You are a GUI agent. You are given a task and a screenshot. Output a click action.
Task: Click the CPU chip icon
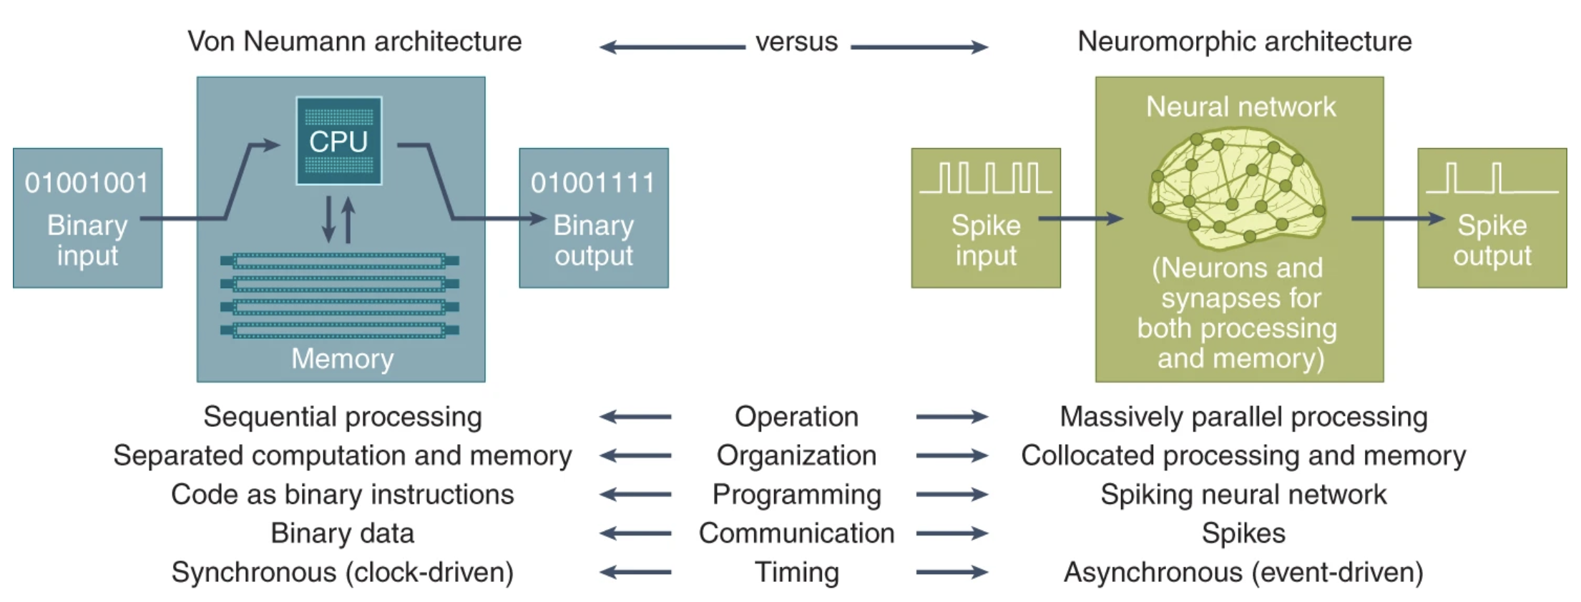(x=338, y=141)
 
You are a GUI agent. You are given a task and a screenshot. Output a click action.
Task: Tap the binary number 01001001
(x=87, y=183)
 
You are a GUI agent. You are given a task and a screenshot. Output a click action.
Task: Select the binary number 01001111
(x=593, y=183)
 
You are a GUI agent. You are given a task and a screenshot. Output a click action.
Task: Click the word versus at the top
(x=796, y=41)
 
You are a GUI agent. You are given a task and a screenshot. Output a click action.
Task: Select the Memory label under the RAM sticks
(x=342, y=358)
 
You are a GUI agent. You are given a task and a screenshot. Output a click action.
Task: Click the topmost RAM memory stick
(x=340, y=261)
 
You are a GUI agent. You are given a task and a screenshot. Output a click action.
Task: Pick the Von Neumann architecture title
(x=355, y=41)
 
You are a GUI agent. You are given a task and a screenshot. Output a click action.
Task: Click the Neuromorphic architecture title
(x=1245, y=41)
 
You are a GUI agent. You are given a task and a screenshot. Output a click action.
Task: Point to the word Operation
(x=796, y=417)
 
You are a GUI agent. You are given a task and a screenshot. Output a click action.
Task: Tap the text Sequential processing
(x=343, y=417)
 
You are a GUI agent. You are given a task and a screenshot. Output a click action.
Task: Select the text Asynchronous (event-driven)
(x=1243, y=572)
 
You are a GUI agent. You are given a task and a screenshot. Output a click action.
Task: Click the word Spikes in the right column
(x=1243, y=533)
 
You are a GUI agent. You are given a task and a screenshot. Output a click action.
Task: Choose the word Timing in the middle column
(x=796, y=572)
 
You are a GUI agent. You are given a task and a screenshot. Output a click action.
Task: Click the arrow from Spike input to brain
(x=1080, y=218)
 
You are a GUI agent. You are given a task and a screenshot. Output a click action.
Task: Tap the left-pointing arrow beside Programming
(x=635, y=494)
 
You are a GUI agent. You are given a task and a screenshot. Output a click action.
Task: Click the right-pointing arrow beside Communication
(x=952, y=533)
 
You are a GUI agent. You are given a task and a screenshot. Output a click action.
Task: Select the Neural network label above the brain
(x=1240, y=107)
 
